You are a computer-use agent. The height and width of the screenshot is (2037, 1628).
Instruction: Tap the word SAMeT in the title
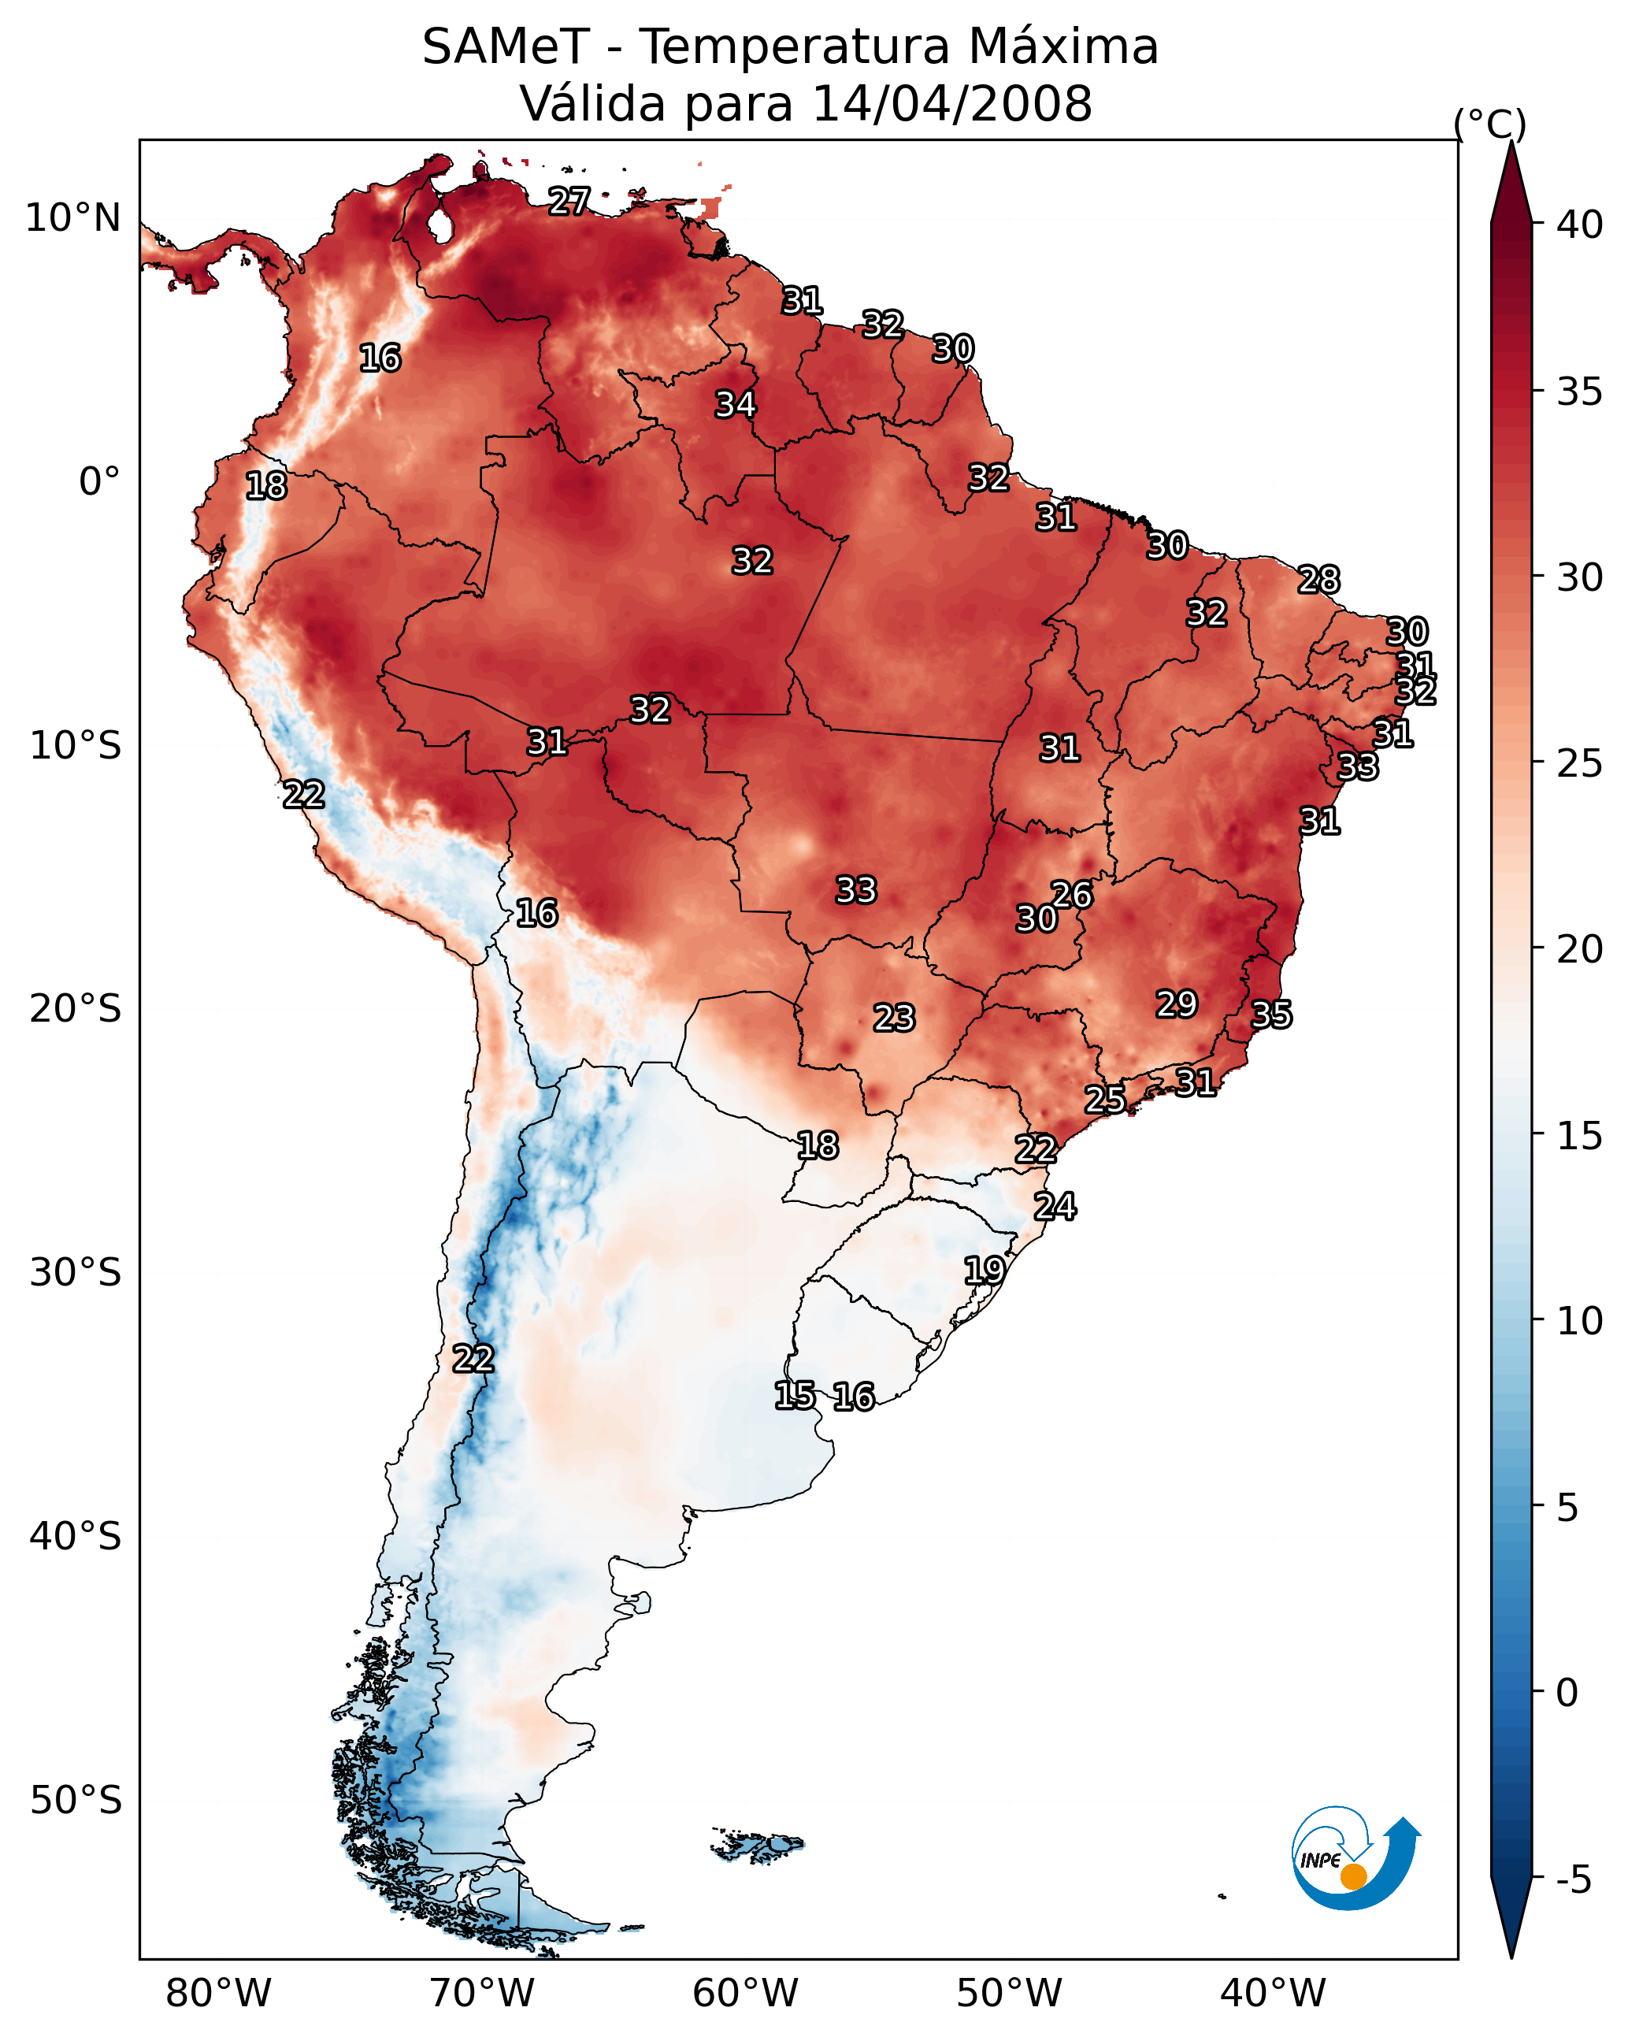pos(506,47)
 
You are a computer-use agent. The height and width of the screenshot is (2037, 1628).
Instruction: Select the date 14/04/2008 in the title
pos(951,104)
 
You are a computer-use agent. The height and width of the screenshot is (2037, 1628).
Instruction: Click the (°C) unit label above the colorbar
pos(1489,124)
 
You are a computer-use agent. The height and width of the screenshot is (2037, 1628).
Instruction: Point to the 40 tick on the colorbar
pos(1579,224)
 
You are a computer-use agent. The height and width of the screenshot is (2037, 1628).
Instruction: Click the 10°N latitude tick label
pos(72,218)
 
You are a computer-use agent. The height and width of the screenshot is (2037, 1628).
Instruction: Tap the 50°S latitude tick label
pos(76,1800)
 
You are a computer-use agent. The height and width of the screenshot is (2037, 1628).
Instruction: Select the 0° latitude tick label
pos(99,482)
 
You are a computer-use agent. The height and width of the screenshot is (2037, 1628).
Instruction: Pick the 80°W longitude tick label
pos(218,1993)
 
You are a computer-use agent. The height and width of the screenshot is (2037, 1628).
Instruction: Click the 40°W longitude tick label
pos(1273,1993)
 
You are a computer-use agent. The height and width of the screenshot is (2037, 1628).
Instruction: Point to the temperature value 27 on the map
pos(569,201)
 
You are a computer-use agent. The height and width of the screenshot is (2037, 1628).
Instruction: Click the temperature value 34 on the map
pos(735,404)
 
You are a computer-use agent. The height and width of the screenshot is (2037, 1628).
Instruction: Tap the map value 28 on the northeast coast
pos(1318,579)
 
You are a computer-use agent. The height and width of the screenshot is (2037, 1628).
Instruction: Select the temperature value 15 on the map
pos(795,1396)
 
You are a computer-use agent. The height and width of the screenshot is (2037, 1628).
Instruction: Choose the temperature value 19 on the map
pos(984,1270)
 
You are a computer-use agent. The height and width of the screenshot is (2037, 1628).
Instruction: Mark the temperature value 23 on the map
pos(894,1018)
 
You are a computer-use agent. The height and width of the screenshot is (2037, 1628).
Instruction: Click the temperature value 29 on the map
pos(1177,1004)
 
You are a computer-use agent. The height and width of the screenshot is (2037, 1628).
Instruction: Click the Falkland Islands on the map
pos(757,1844)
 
